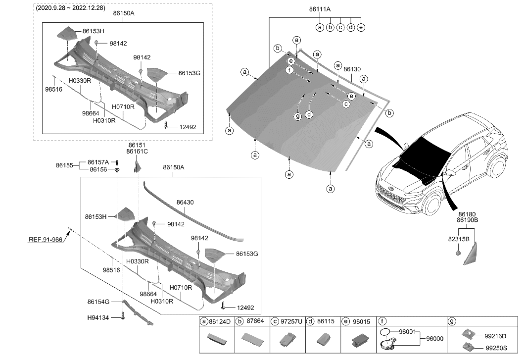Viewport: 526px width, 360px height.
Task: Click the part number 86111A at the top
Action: click(320, 9)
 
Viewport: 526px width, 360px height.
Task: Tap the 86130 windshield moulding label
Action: click(352, 70)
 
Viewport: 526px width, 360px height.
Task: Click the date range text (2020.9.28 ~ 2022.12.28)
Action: click(70, 8)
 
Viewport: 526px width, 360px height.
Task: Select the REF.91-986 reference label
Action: click(45, 240)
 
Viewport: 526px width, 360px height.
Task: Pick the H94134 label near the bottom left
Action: click(99, 318)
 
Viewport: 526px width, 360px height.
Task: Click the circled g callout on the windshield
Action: click(297, 116)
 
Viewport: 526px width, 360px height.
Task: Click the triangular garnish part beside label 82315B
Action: click(471, 254)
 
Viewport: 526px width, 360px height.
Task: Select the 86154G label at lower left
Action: click(98, 301)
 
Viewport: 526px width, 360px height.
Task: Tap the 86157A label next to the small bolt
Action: click(98, 162)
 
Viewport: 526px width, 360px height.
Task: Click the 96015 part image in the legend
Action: click(359, 340)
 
